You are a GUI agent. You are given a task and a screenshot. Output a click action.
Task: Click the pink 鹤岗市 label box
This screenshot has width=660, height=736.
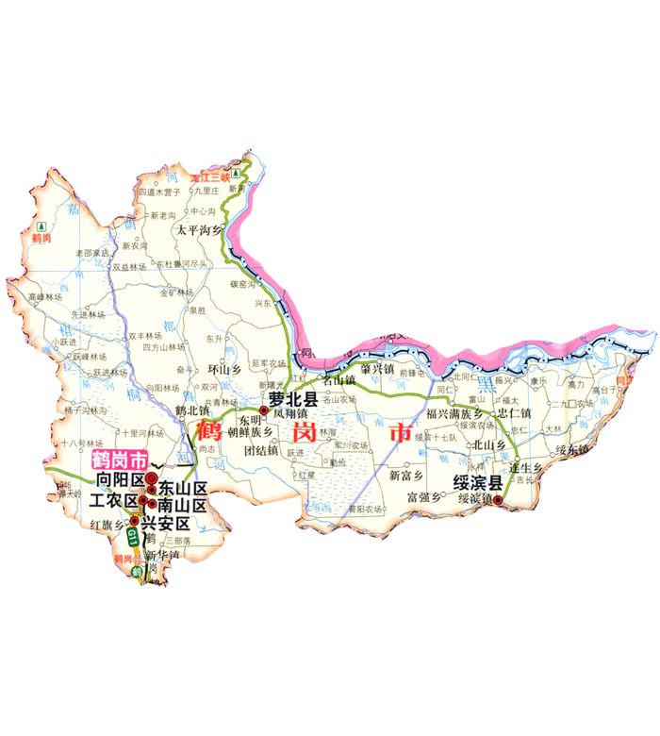pos(119,461)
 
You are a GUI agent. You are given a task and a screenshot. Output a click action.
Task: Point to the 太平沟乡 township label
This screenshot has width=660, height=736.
pos(199,229)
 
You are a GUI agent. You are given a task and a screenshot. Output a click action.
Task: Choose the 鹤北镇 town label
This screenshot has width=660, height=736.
pos(192,410)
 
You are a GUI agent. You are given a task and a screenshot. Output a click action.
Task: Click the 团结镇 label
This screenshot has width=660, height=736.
pos(260,450)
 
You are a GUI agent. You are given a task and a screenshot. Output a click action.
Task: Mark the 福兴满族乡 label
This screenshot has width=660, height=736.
pos(454,413)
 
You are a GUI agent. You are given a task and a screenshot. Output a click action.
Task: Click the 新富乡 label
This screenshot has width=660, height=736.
pos(408,476)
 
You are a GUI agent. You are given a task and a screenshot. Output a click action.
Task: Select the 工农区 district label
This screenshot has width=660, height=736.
pos(113,499)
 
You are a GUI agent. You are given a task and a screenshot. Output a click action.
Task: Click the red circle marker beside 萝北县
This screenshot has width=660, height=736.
pos(264,410)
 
